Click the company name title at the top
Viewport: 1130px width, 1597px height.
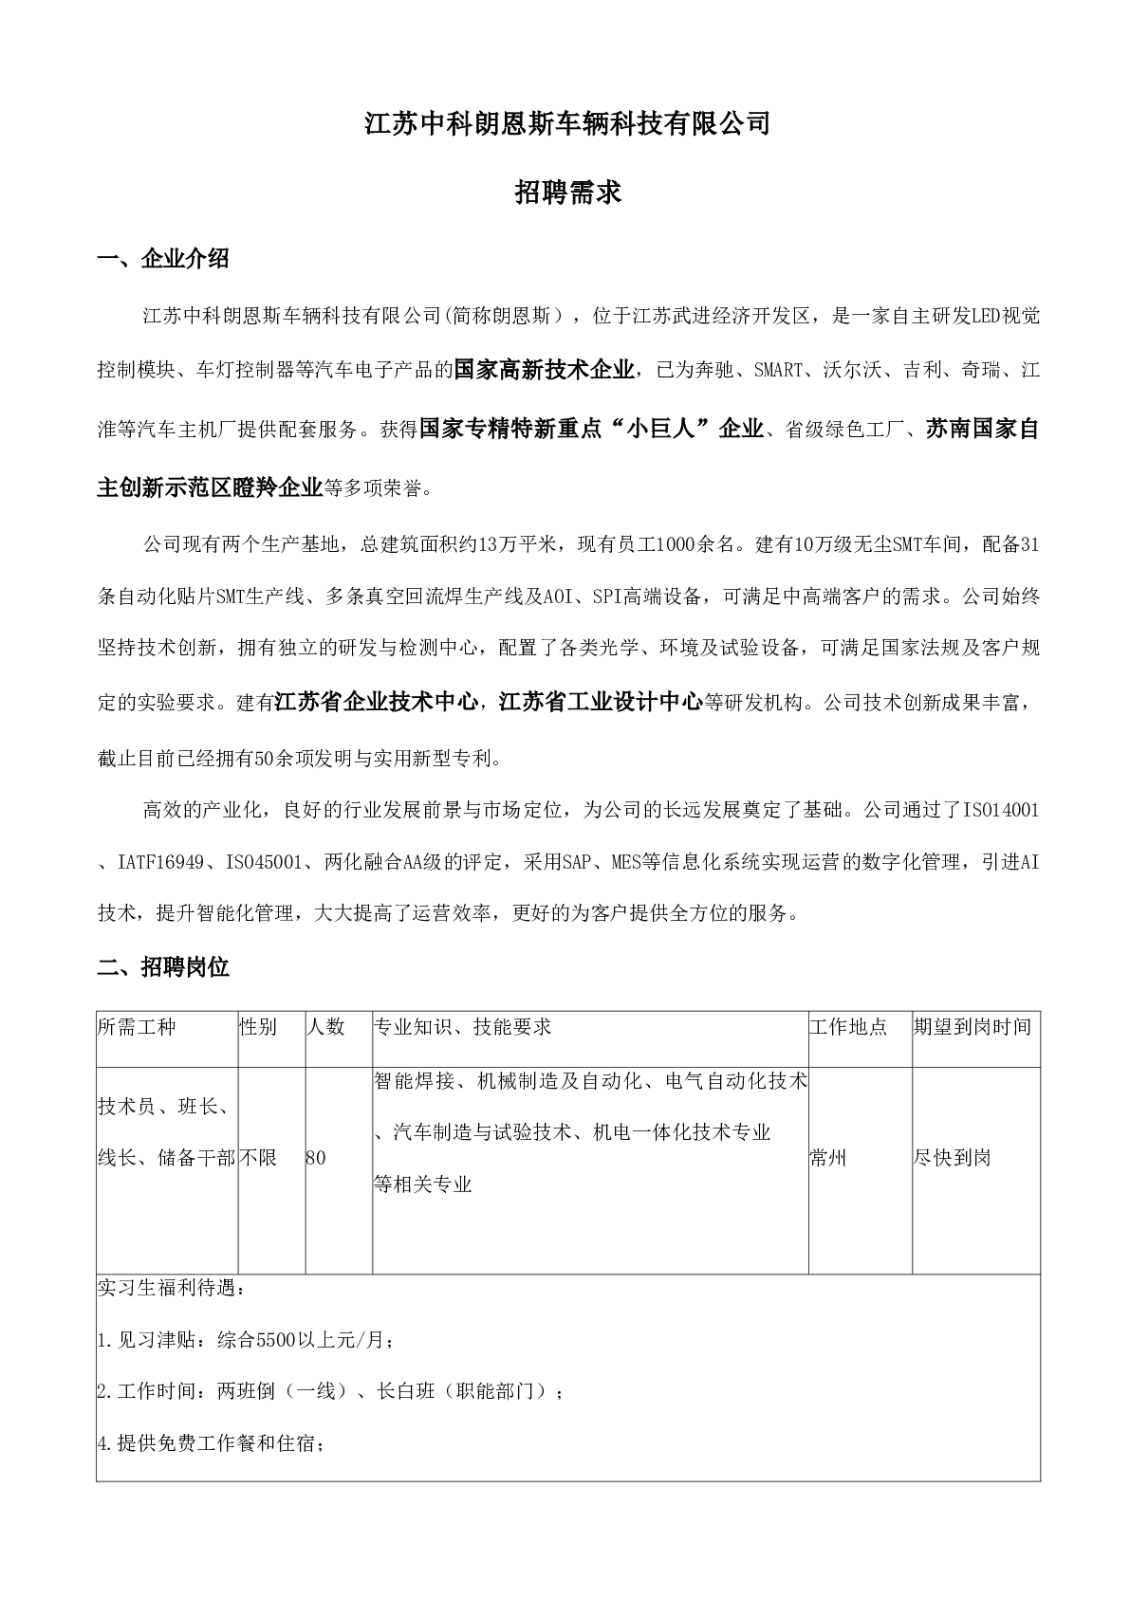click(x=566, y=124)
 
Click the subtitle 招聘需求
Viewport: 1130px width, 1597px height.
click(x=566, y=193)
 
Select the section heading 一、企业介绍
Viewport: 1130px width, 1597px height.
click(x=163, y=258)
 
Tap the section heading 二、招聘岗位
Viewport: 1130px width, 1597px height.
click(x=163, y=967)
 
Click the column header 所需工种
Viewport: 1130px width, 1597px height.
click(x=137, y=1027)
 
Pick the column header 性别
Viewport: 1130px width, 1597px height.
click(x=258, y=1027)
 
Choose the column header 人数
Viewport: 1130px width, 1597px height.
click(x=325, y=1027)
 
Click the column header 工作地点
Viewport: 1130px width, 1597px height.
click(x=848, y=1027)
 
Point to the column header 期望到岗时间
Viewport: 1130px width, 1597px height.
click(x=972, y=1027)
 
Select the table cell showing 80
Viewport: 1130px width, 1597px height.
click(x=316, y=1158)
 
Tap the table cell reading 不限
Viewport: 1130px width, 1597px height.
click(x=258, y=1158)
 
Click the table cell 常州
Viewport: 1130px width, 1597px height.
click(x=828, y=1158)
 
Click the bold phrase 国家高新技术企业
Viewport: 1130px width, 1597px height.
click(x=544, y=370)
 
